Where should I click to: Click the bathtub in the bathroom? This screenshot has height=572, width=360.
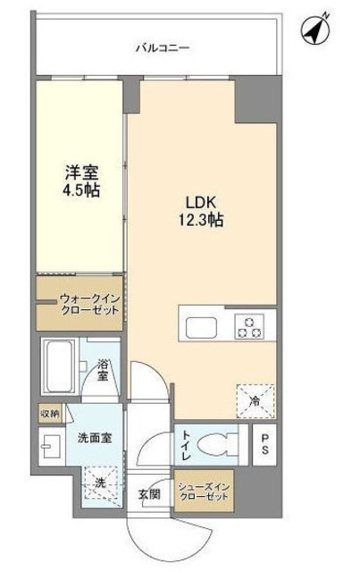click(62, 367)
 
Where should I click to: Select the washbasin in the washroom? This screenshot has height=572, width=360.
click(49, 442)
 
